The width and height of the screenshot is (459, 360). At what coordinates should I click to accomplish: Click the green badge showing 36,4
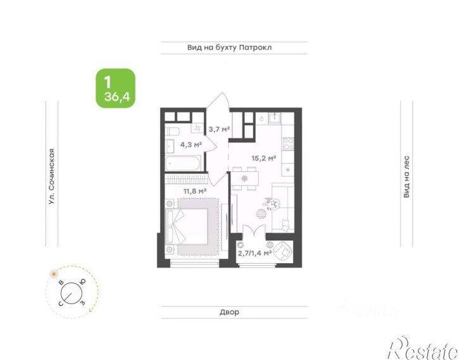[116, 88]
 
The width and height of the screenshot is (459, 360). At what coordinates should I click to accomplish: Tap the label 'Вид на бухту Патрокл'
[229, 47]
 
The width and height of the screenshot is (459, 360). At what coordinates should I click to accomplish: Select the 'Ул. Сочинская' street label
[51, 177]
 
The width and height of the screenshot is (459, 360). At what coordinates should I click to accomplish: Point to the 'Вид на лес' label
[406, 177]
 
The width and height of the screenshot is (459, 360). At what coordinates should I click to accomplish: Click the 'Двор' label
[229, 312]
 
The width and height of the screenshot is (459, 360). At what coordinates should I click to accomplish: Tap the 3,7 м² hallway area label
[219, 128]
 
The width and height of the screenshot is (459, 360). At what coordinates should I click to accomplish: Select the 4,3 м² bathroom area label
[191, 144]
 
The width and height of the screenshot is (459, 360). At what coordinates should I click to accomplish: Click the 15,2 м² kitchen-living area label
[264, 158]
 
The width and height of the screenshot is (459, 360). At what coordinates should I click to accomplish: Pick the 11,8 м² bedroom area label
[195, 191]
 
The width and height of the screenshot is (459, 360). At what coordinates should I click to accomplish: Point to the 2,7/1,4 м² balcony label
[255, 252]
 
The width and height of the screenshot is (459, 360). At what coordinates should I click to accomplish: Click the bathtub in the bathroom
[183, 163]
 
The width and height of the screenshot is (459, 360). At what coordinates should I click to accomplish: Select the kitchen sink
[275, 118]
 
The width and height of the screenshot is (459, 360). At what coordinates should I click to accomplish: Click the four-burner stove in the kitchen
[288, 144]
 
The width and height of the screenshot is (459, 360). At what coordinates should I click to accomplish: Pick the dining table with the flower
[244, 178]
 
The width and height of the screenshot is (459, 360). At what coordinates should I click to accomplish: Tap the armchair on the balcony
[283, 251]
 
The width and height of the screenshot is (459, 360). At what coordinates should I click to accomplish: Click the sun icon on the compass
[54, 274]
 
